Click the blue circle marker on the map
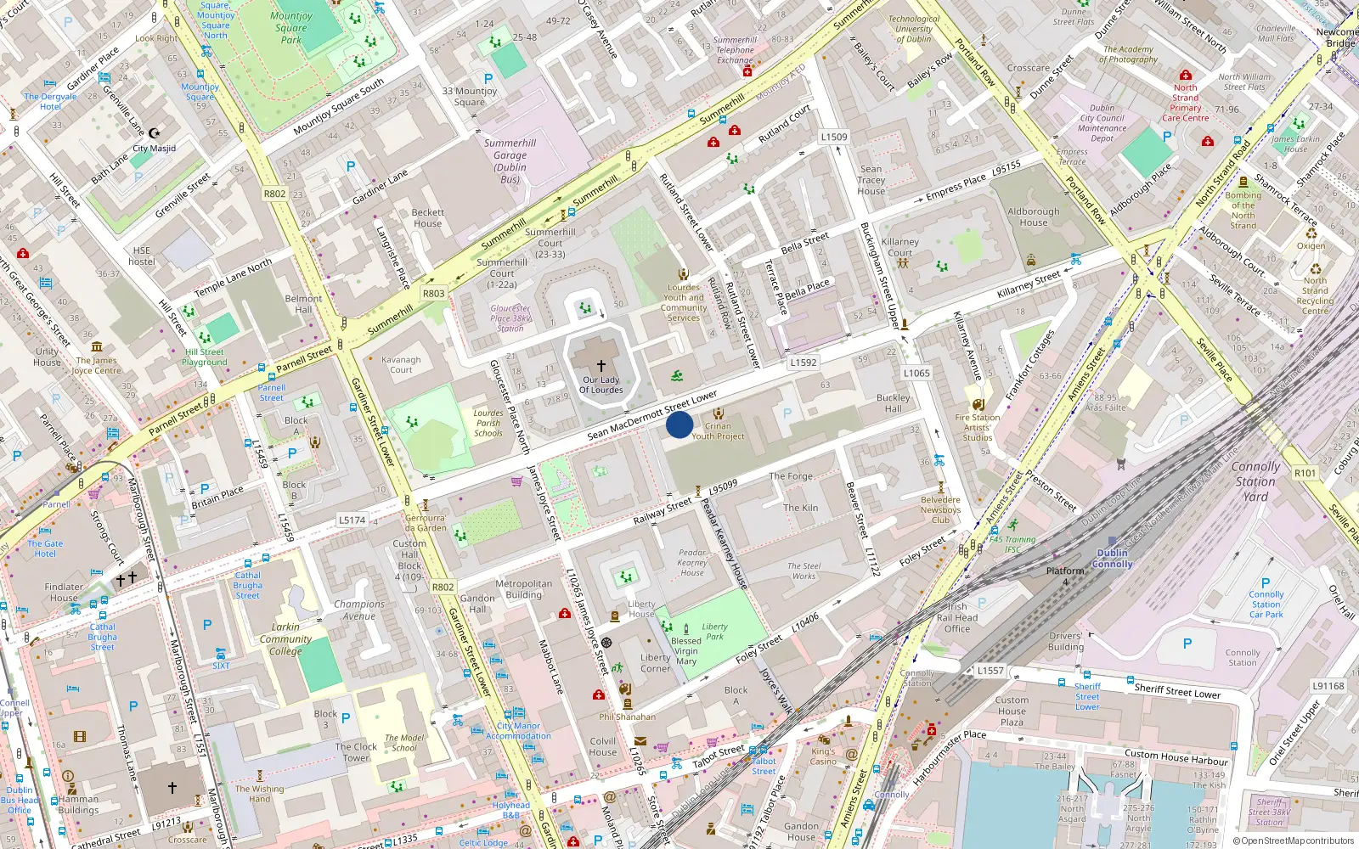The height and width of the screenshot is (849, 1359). (x=679, y=424)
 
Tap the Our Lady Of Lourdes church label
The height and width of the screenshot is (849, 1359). (x=601, y=385)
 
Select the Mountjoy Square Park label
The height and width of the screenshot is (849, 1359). (x=291, y=28)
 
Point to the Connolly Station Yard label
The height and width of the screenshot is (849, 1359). (x=1255, y=481)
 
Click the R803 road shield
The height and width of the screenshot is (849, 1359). (x=433, y=294)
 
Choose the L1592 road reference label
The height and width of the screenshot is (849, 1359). (x=804, y=363)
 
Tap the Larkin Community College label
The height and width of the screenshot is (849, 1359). (x=286, y=639)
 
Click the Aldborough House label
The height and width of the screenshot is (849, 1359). (x=1034, y=217)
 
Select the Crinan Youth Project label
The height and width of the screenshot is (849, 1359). (x=718, y=431)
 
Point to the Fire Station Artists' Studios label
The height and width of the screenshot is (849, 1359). (x=978, y=427)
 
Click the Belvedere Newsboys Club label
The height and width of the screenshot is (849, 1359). (x=940, y=510)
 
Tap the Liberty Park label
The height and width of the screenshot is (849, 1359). (x=715, y=632)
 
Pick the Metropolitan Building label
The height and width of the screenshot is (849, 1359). (x=524, y=589)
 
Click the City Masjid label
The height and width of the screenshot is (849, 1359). (x=155, y=149)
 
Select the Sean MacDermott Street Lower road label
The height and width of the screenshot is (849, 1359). (x=652, y=416)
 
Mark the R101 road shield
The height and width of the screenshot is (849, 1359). (x=1305, y=474)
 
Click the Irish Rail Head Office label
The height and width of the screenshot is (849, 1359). (x=957, y=618)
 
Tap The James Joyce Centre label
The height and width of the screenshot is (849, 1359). (x=96, y=366)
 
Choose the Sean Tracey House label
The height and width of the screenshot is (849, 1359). (x=871, y=180)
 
